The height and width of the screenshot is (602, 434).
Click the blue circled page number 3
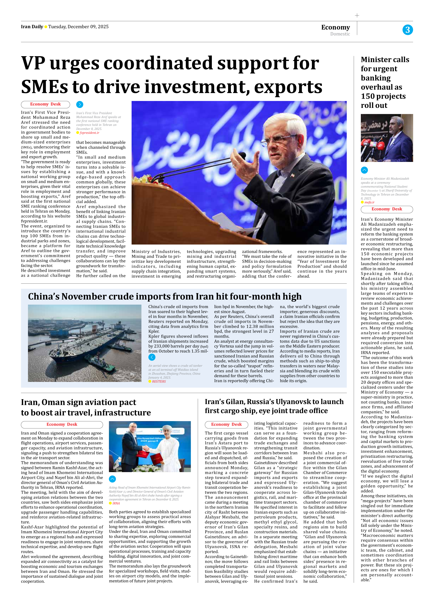(x=407, y=30)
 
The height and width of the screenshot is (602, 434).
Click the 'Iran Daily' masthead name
(x=32, y=27)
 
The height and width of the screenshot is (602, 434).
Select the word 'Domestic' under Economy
(x=340, y=34)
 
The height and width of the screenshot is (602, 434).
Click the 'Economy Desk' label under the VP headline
(x=45, y=104)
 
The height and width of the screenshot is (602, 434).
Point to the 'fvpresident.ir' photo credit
(x=89, y=133)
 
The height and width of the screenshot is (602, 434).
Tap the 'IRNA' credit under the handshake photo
(x=116, y=503)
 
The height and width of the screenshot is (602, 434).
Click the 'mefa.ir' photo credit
(x=369, y=202)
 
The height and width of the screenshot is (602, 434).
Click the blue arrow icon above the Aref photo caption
(x=80, y=104)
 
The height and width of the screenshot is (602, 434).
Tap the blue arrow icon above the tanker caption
(x=152, y=357)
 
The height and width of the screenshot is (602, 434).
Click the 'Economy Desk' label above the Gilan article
(x=226, y=424)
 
